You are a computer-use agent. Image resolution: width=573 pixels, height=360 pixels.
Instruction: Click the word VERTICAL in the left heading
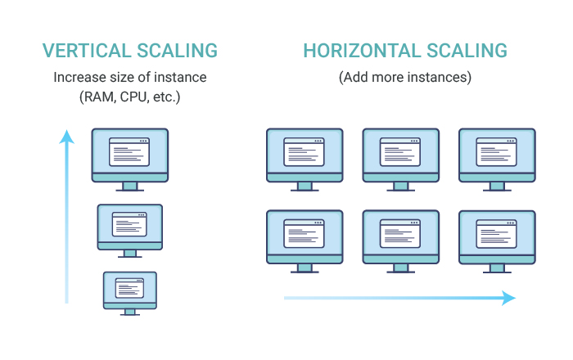(x=87, y=51)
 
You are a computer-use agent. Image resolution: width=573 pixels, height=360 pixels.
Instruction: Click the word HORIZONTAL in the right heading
(x=362, y=51)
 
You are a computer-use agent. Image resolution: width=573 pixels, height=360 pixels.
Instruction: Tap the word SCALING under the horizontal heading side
(x=467, y=51)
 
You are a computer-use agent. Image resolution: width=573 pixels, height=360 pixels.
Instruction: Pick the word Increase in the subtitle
(x=77, y=77)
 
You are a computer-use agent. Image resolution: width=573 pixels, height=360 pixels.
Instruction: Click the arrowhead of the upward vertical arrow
(x=67, y=137)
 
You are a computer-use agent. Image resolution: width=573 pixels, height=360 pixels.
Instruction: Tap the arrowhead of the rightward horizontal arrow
(x=508, y=298)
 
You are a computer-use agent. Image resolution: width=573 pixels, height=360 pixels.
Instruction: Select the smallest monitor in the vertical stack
(x=130, y=293)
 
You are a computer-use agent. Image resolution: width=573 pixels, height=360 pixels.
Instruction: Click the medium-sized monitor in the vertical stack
(x=130, y=231)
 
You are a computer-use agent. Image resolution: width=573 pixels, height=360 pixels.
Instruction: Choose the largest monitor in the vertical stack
(x=130, y=160)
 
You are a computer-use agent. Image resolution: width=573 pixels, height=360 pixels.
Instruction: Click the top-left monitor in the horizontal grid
(x=305, y=160)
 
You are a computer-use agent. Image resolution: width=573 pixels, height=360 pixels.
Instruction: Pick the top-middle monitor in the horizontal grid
(x=401, y=160)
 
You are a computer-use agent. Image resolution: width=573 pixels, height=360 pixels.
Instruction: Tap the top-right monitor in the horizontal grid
(x=498, y=160)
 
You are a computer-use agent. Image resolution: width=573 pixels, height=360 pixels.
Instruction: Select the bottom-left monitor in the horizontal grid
(x=305, y=241)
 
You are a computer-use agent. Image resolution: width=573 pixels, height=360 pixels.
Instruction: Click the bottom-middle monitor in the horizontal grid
(x=401, y=241)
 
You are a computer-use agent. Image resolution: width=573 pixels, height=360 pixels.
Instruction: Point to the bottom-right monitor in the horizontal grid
(x=498, y=241)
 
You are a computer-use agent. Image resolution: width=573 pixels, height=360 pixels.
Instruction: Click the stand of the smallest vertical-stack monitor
(x=130, y=313)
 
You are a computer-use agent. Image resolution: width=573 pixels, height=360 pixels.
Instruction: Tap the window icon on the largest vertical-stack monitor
(x=129, y=152)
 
